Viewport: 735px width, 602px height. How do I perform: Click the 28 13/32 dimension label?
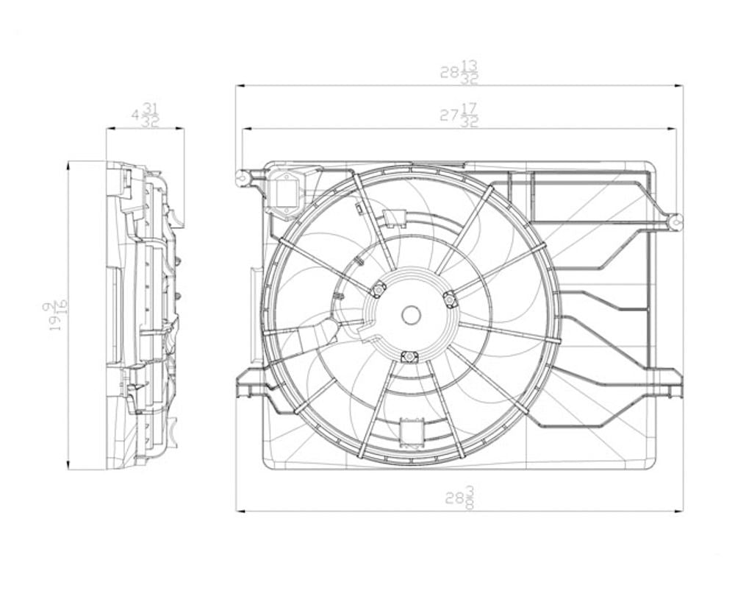[x=459, y=72]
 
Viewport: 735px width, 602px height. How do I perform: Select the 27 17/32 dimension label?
[x=459, y=116]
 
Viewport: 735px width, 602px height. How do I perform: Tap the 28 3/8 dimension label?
[x=459, y=497]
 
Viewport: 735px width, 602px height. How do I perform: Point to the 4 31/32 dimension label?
[x=145, y=115]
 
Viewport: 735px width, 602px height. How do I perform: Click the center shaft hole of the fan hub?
[x=411, y=315]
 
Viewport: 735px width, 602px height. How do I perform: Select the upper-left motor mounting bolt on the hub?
[x=379, y=290]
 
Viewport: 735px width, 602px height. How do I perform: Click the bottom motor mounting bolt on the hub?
[x=409, y=357]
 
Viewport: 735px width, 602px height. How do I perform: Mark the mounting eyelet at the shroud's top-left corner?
[x=241, y=177]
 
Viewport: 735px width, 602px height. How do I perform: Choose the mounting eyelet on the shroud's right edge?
[x=675, y=220]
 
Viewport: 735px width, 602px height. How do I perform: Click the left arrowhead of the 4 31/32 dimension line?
[x=110, y=129]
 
